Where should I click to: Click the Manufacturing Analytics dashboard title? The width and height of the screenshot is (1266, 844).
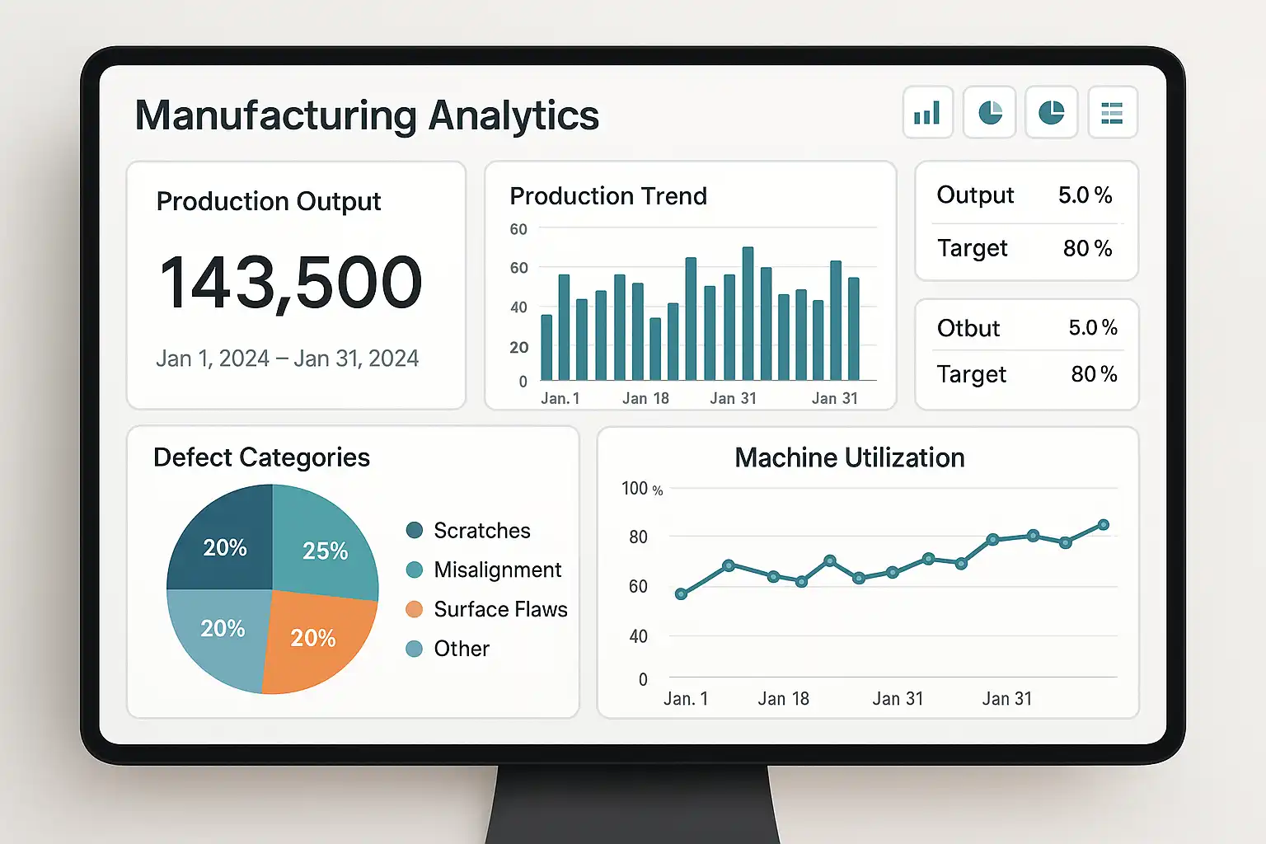367,115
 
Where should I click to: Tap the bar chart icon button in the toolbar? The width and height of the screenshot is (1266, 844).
927,112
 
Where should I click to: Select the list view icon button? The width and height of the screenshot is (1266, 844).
1112,112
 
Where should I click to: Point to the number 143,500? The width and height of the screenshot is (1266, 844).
291,282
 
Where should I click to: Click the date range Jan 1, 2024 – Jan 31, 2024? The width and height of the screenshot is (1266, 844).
287,359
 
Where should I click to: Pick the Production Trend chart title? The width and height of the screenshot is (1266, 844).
608,196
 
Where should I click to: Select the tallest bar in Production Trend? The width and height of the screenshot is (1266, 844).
748,313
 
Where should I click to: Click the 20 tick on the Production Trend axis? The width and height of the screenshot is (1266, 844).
518,347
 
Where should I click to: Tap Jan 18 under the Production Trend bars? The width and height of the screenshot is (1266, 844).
645,398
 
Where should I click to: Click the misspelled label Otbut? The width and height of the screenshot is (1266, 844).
968,328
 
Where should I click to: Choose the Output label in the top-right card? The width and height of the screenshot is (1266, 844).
975,195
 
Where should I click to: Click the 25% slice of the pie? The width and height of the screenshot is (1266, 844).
323,544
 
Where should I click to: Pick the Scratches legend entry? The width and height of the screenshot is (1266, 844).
481,530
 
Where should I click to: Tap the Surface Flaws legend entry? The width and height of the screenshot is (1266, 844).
500,609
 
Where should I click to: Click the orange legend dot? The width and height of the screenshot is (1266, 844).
415,609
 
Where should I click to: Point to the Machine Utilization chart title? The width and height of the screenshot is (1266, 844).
849,457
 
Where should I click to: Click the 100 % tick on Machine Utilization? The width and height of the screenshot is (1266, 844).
641,489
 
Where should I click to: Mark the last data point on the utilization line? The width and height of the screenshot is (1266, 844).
1104,525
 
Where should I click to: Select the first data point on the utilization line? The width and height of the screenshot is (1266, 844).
681,593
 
